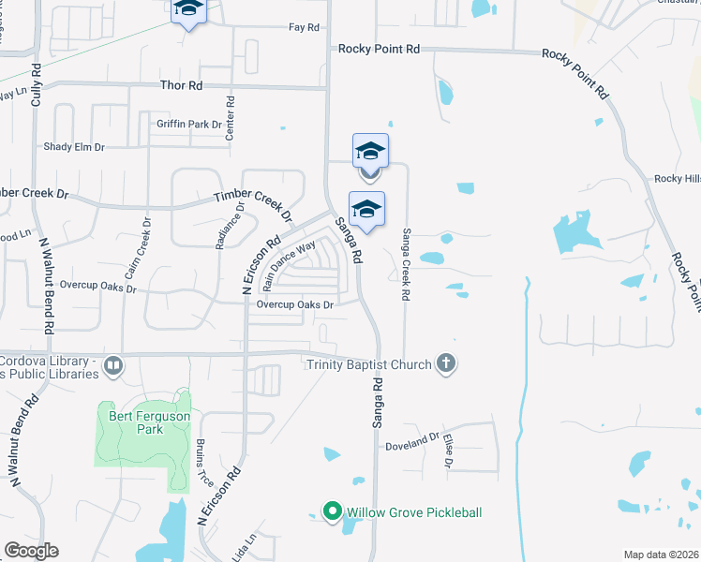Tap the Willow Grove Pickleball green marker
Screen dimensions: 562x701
(x=331, y=511)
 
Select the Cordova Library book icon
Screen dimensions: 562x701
(x=113, y=365)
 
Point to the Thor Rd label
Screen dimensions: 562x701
(x=182, y=85)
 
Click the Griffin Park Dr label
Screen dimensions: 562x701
(x=189, y=124)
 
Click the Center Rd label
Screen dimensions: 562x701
(x=230, y=117)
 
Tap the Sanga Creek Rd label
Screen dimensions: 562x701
(x=406, y=264)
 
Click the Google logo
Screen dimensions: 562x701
(x=31, y=551)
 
